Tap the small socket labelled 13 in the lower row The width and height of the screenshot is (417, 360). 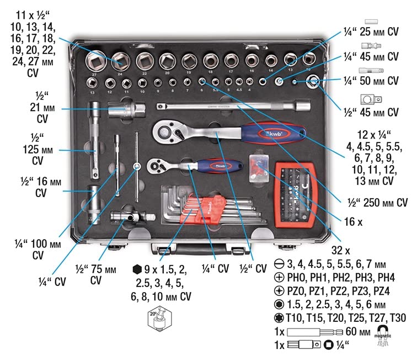92,83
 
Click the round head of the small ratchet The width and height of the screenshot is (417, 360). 156,164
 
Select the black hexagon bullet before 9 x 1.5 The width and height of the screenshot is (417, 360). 136,269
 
